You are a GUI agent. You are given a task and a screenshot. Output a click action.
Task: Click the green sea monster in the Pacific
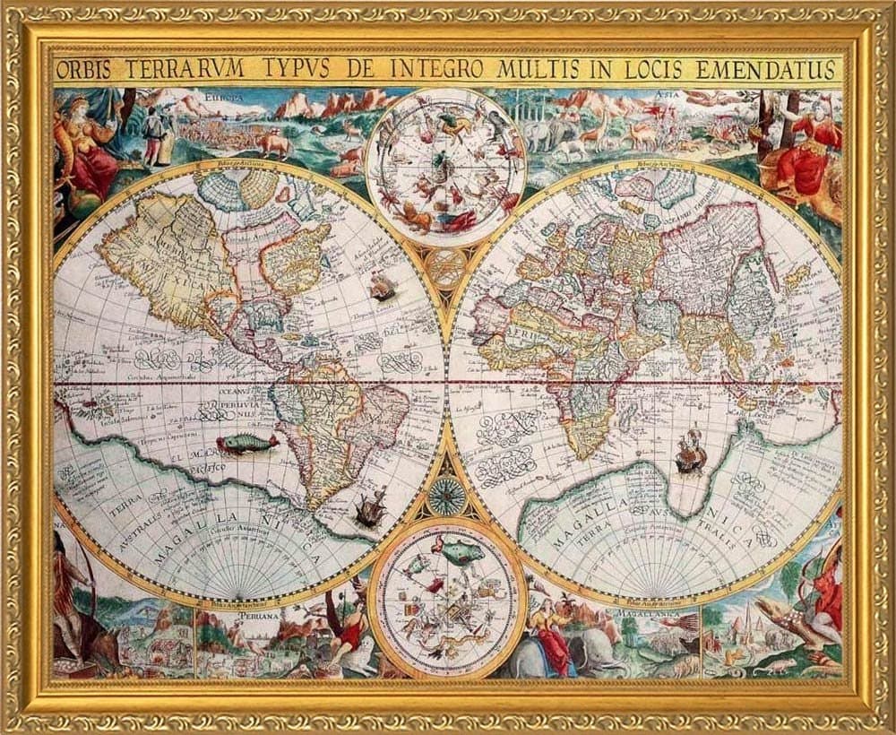(x=247, y=442)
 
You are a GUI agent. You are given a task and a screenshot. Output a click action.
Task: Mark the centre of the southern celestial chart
(x=446, y=598)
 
